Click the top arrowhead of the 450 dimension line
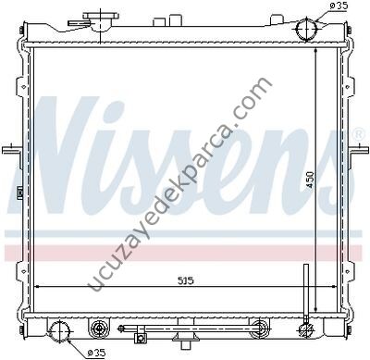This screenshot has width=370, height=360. (316, 52)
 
